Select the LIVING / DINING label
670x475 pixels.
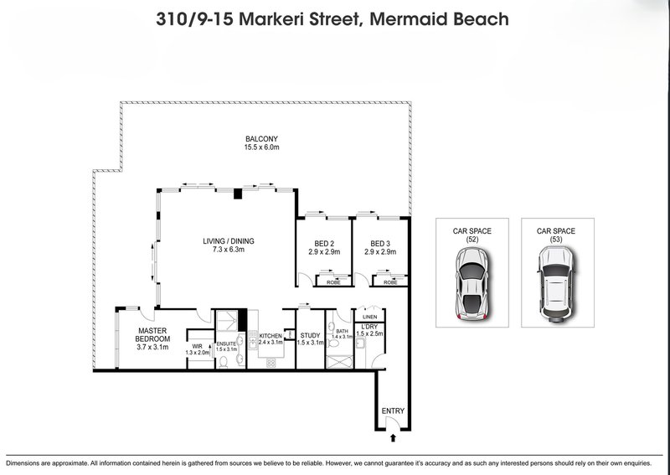pyautogui.click(x=228, y=241)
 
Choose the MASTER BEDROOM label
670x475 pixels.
pyautogui.click(x=154, y=334)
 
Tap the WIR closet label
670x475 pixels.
pyautogui.click(x=198, y=345)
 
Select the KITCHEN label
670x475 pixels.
pyautogui.click(x=270, y=336)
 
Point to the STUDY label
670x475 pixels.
pyautogui.click(x=311, y=336)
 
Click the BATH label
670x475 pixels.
pyautogui.click(x=342, y=331)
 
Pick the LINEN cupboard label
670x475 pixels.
pyautogui.click(x=368, y=316)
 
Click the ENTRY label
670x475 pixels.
pyautogui.click(x=393, y=410)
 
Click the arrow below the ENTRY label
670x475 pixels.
pyautogui.click(x=393, y=436)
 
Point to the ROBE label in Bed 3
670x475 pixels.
pyautogui.click(x=389, y=282)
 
